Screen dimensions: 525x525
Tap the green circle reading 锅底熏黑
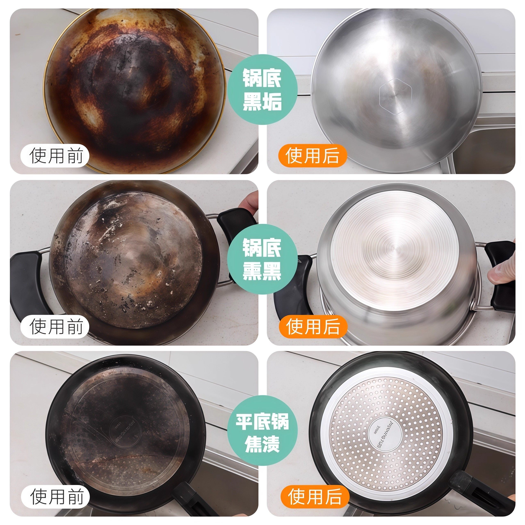coord(262,259)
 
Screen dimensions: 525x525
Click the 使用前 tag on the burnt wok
coord(56,155)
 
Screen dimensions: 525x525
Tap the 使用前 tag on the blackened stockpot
coord(56,326)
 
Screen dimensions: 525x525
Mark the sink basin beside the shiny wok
coord(486,152)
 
